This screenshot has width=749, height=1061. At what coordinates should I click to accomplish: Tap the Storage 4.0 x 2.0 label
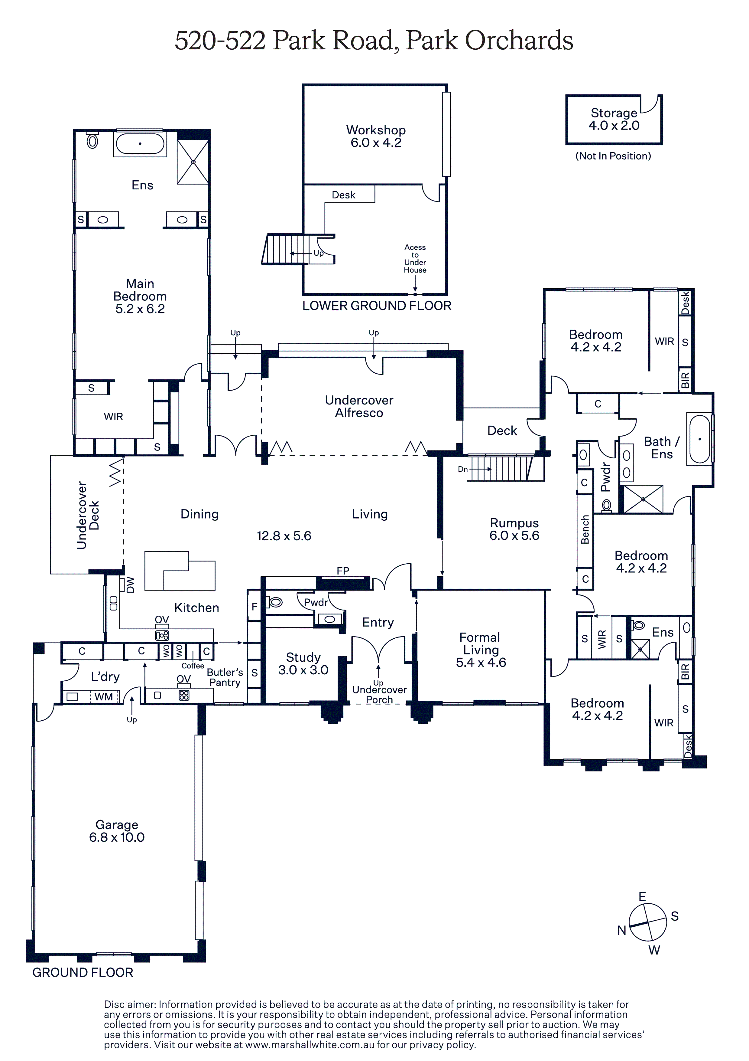614,119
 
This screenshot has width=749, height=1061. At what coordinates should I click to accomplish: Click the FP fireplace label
343,571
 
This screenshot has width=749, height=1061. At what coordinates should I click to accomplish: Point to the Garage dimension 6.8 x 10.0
117,837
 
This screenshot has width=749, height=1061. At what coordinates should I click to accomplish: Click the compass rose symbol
648,922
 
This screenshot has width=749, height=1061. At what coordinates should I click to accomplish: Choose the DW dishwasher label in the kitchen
130,585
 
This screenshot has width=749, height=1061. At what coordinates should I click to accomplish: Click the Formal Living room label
480,644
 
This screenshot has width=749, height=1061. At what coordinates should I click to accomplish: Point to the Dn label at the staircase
463,469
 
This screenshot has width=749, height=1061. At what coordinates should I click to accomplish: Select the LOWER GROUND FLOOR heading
377,306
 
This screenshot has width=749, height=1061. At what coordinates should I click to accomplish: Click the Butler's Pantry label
225,677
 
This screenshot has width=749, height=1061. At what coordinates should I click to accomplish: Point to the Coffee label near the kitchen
193,666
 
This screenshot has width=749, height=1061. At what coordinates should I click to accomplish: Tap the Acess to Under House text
415,259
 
